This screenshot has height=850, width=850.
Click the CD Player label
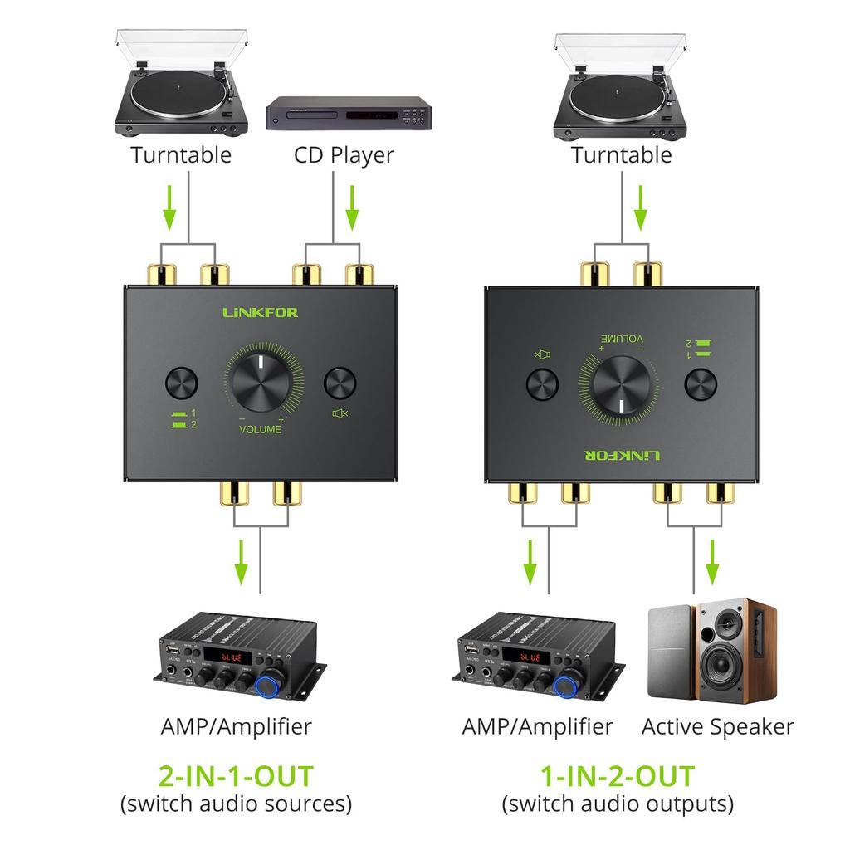coord(343,155)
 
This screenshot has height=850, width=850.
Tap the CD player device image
coord(349,113)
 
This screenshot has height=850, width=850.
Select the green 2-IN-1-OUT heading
coord(236,776)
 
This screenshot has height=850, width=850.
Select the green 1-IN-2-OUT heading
coord(618,776)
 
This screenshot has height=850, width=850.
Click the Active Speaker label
coord(717,727)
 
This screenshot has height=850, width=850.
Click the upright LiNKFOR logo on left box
coord(260,313)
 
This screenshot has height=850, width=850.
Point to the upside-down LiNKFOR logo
coord(621,456)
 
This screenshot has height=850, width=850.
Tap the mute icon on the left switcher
coord(340,413)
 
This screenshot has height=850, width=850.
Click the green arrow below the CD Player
coord(352,208)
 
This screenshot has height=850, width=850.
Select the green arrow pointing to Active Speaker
coord(712,563)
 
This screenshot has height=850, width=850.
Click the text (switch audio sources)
coord(236,804)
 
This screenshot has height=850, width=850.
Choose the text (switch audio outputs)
coord(618,804)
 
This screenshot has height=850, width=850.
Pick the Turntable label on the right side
coord(621,155)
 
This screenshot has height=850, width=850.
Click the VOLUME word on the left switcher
coord(260,430)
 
